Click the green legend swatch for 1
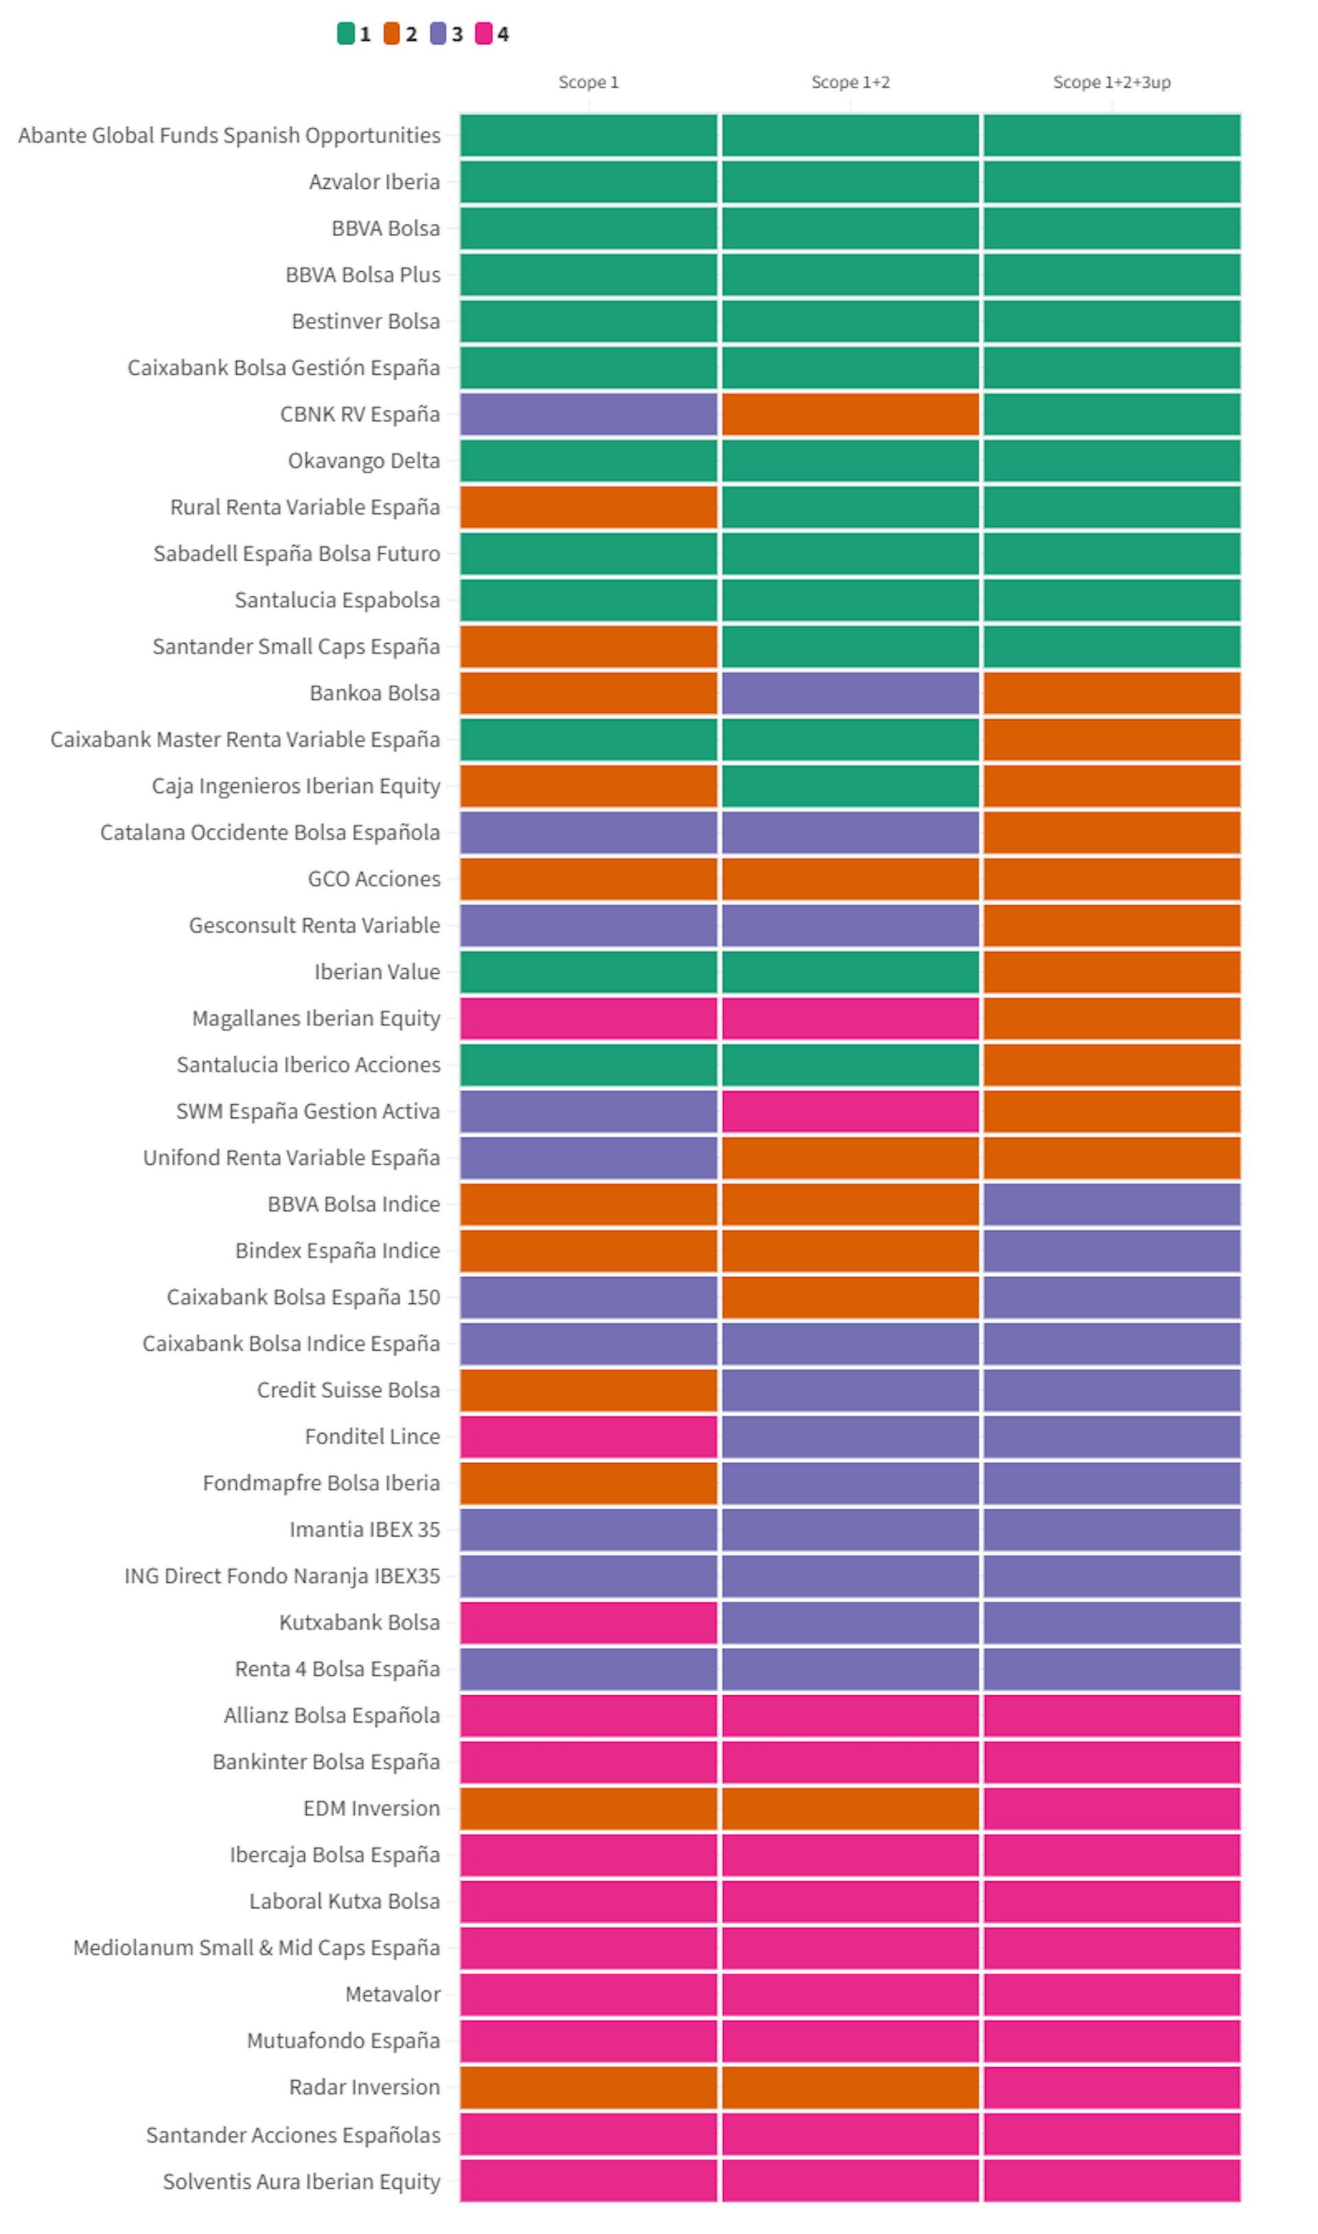click(345, 34)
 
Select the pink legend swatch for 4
click(483, 34)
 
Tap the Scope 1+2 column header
click(850, 82)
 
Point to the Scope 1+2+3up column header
click(1111, 82)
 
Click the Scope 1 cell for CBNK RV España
click(588, 415)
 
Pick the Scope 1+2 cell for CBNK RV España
click(850, 415)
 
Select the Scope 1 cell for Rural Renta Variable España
click(588, 508)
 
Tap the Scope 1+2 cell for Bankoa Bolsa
click(850, 693)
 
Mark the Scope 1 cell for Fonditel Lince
click(588, 1436)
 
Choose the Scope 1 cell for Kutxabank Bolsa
click(588, 1622)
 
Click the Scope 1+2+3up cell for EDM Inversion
click(1111, 1808)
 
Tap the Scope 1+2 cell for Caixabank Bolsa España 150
click(850, 1297)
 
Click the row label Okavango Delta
click(363, 461)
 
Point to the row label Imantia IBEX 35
click(364, 1530)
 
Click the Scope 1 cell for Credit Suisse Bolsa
click(588, 1391)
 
